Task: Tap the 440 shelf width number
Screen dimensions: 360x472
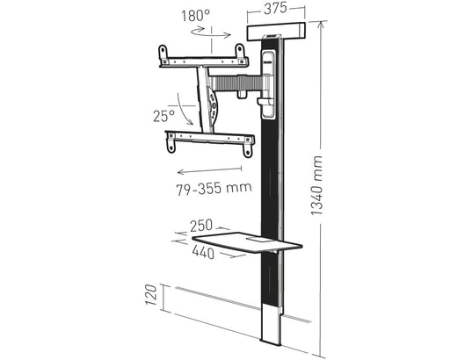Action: [205, 253]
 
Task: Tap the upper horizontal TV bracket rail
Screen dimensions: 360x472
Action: [203, 61]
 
